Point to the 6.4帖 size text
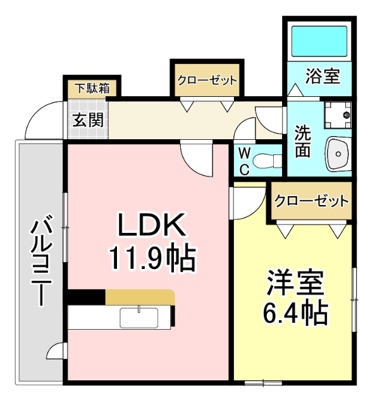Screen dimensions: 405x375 tap(295, 312)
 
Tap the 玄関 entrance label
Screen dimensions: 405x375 tap(87, 120)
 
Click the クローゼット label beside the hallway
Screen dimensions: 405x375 tap(207, 80)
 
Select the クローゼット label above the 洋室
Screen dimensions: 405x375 tap(311, 201)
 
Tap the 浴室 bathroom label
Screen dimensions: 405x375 tap(323, 76)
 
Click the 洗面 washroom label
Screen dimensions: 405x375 tap(303, 142)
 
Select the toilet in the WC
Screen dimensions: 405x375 tap(268, 158)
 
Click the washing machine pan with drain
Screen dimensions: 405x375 tap(339, 114)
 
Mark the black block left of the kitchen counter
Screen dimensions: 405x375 tap(86, 296)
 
